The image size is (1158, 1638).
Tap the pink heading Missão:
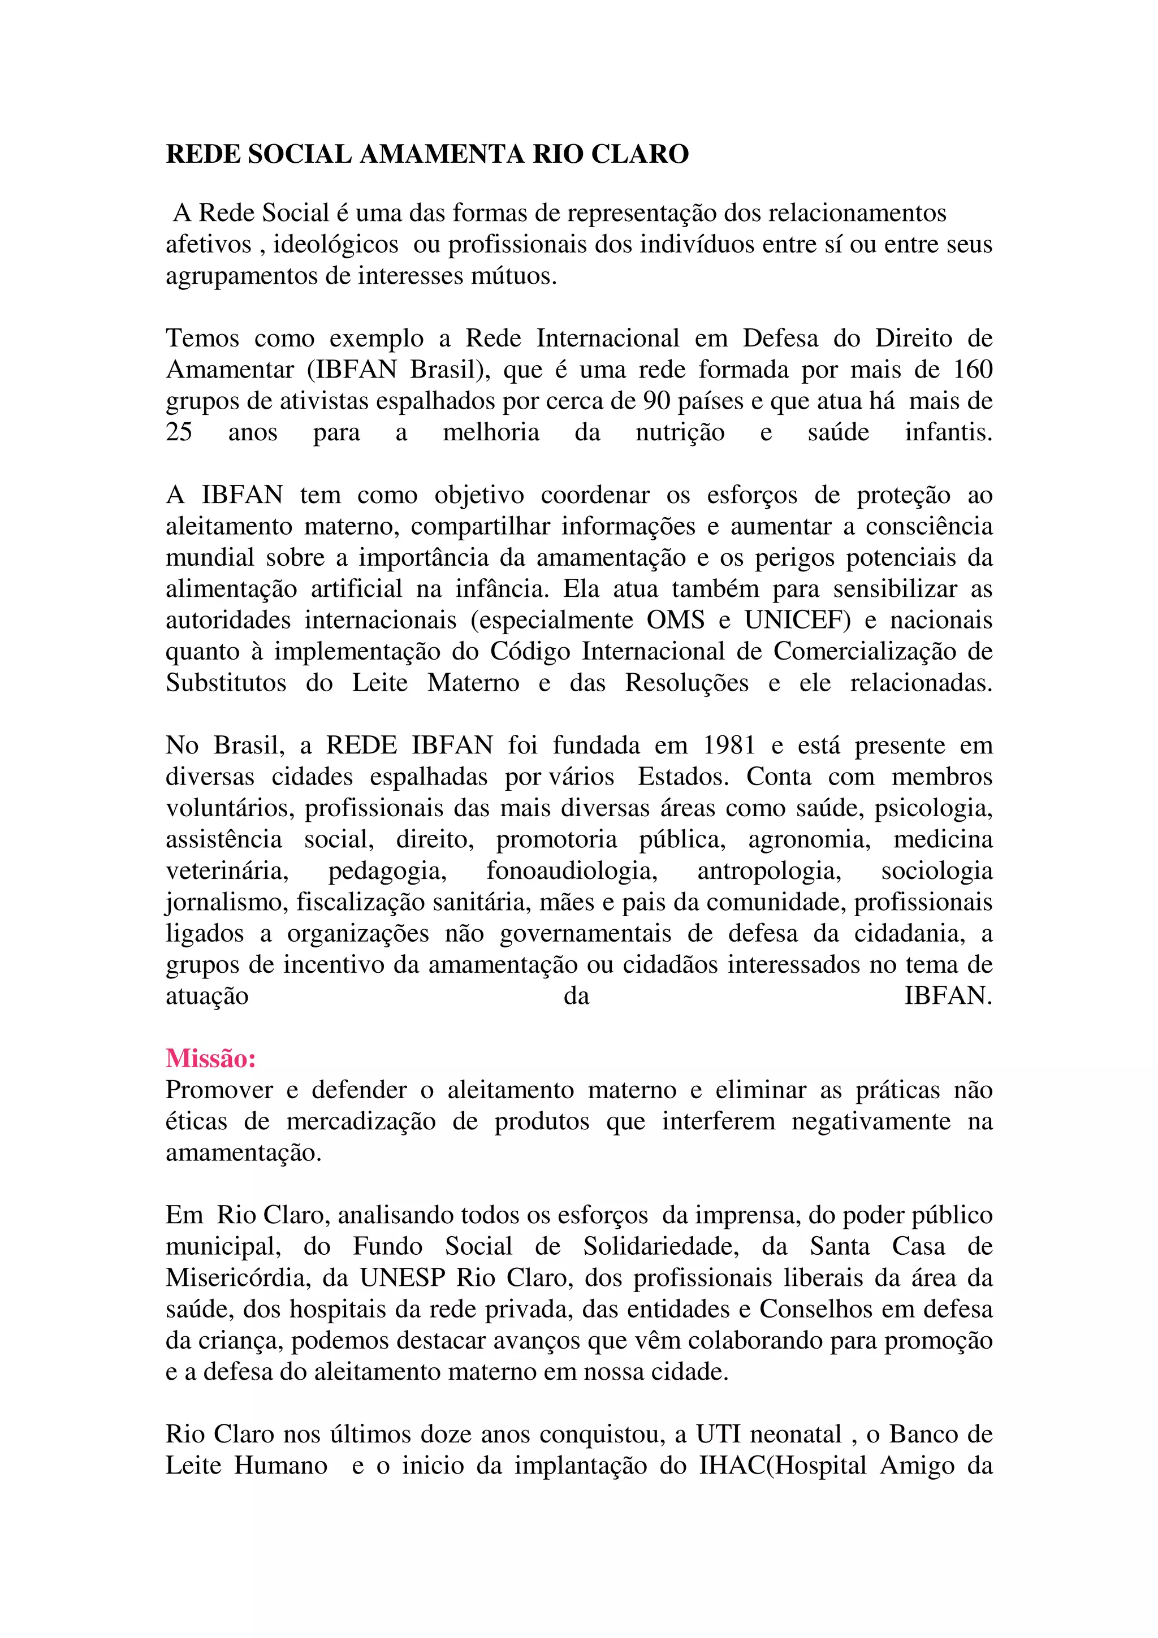[x=210, y=1058]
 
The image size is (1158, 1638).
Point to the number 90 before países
[x=656, y=401]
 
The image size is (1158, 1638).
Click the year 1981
[x=729, y=746]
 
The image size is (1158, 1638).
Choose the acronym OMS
[x=675, y=620]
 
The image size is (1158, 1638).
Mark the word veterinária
[x=227, y=871]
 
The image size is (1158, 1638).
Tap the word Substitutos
[x=226, y=683]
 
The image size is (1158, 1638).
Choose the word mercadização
[x=360, y=1121]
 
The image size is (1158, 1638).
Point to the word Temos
[x=202, y=338]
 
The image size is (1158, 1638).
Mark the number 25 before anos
[x=179, y=432]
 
